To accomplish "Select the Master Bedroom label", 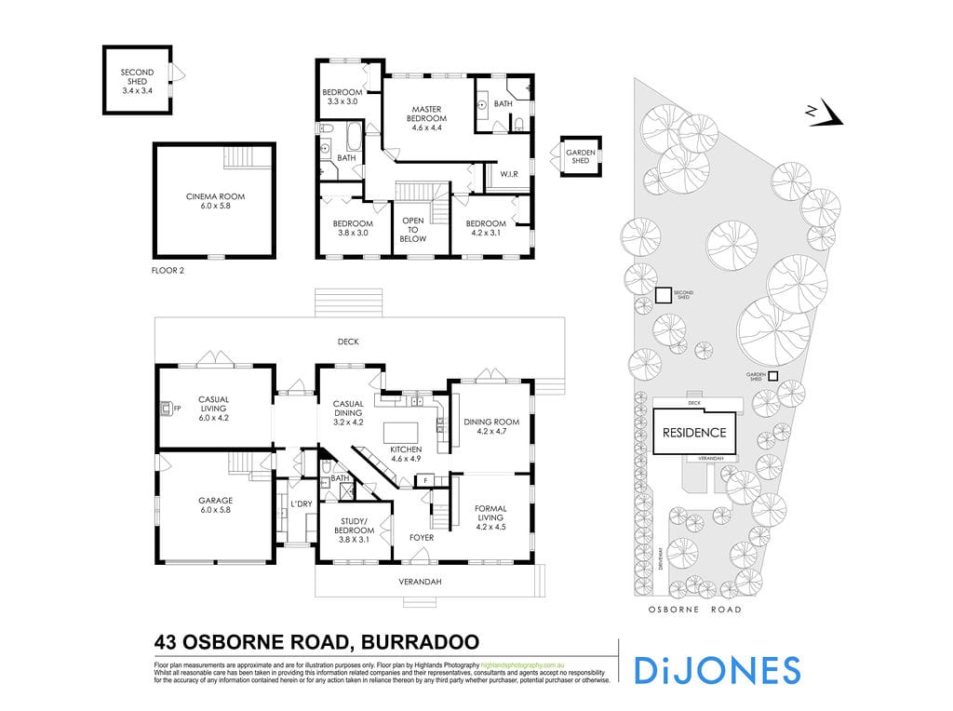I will click(x=429, y=114).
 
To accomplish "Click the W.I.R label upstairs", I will click(x=509, y=174).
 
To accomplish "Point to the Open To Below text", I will click(x=413, y=230).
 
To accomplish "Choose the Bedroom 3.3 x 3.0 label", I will click(x=342, y=97).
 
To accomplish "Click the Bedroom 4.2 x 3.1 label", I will click(x=486, y=229).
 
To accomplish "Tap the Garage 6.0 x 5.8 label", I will click(x=215, y=504).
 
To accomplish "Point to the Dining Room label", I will click(x=490, y=427).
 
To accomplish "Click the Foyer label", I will click(x=422, y=538).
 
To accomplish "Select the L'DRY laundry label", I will click(x=301, y=503).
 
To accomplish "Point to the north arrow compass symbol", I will click(x=825, y=114).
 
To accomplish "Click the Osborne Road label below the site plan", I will click(x=695, y=610).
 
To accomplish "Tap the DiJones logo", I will click(x=717, y=670).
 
